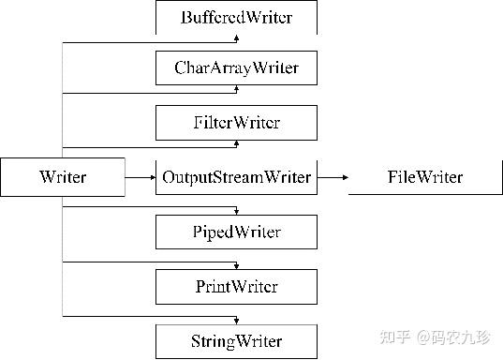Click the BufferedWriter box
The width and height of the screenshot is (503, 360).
(x=235, y=17)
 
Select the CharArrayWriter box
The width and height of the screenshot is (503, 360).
(x=235, y=68)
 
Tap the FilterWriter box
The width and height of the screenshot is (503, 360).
(x=235, y=122)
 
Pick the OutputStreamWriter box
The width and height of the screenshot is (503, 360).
(x=235, y=176)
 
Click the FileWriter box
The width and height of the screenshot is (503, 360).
(x=424, y=176)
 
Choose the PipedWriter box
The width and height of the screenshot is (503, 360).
(x=235, y=231)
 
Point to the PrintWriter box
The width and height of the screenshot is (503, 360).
(x=235, y=285)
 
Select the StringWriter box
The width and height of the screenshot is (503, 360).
(x=235, y=338)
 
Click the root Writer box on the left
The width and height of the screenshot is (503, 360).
(x=63, y=176)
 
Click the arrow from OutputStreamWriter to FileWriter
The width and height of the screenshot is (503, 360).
(x=332, y=176)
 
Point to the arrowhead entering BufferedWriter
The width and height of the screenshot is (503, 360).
(x=236, y=38)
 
